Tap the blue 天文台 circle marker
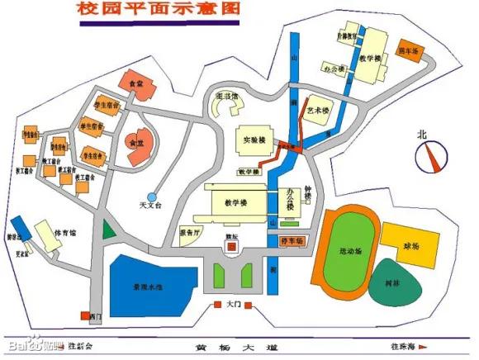(x=152, y=197)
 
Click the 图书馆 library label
(x=226, y=97)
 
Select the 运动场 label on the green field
(x=349, y=249)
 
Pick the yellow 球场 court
(x=410, y=245)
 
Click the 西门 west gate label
(x=95, y=316)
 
